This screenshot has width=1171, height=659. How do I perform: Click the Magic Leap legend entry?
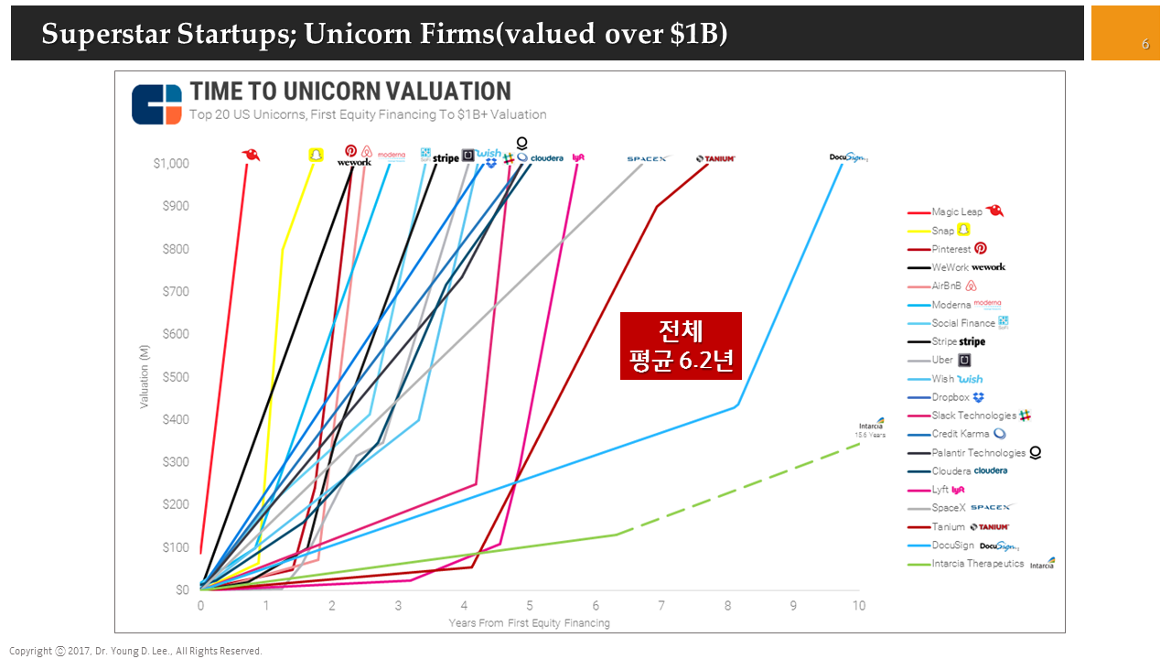[957, 212]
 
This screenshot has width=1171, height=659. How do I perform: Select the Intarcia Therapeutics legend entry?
[978, 564]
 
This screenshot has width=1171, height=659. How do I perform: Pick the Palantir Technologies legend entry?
[978, 453]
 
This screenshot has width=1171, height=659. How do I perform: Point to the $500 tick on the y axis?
[177, 377]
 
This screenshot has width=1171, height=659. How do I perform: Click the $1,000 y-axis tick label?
[171, 164]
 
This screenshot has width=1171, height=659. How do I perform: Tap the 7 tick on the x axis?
[661, 606]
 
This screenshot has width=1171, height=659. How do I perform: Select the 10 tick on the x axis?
[859, 606]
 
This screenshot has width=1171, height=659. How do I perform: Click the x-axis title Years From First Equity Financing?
[529, 623]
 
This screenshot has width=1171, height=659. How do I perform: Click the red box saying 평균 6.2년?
[681, 346]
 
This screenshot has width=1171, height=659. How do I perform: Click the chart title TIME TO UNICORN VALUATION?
[350, 92]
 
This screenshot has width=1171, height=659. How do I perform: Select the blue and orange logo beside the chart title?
[156, 104]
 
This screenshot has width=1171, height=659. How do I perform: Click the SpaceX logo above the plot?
[648, 159]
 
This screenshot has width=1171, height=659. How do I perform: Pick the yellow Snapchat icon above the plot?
[316, 156]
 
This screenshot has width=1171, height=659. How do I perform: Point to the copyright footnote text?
[135, 651]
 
